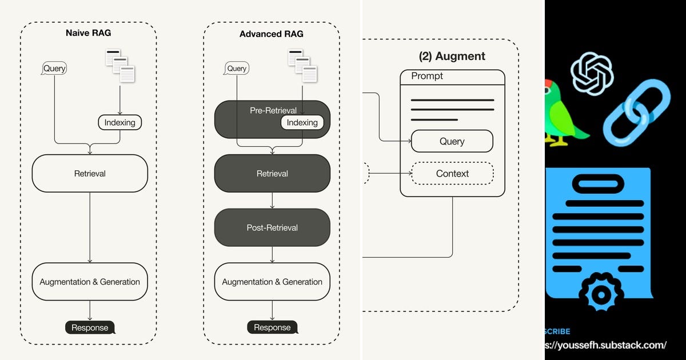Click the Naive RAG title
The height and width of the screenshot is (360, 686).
[x=88, y=33]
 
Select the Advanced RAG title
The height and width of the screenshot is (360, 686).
[x=272, y=34]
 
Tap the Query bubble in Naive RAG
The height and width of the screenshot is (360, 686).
[x=55, y=69]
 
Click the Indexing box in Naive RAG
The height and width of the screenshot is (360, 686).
[x=119, y=122]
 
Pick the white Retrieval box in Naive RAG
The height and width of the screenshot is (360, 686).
[x=90, y=173]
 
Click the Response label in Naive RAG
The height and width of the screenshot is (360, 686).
[x=90, y=327]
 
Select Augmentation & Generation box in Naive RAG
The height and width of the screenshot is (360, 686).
[x=90, y=282]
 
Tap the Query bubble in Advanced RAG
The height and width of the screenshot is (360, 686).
[x=236, y=69]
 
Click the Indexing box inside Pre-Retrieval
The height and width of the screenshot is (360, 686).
[x=302, y=122]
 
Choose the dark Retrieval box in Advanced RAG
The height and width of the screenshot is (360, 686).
[x=272, y=173]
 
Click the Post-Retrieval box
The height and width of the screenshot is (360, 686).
[x=272, y=227]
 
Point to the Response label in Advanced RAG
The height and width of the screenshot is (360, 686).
[x=272, y=327]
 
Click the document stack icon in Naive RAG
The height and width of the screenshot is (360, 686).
[x=120, y=66]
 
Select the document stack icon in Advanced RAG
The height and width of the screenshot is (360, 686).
[x=302, y=66]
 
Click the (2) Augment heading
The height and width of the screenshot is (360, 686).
[x=452, y=56]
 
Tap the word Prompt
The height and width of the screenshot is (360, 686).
[x=427, y=76]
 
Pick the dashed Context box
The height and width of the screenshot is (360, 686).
[x=452, y=173]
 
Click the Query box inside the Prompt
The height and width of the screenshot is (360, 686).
[x=452, y=141]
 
